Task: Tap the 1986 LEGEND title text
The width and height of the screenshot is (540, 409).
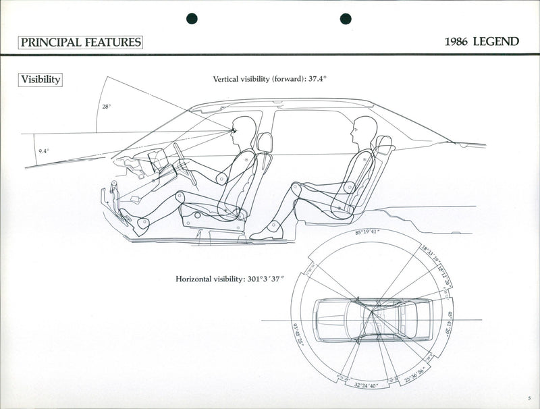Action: [481, 42]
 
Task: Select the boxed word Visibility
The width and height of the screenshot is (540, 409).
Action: [40, 80]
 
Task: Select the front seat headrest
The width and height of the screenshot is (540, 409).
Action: [264, 142]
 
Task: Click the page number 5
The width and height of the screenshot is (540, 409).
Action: [531, 399]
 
